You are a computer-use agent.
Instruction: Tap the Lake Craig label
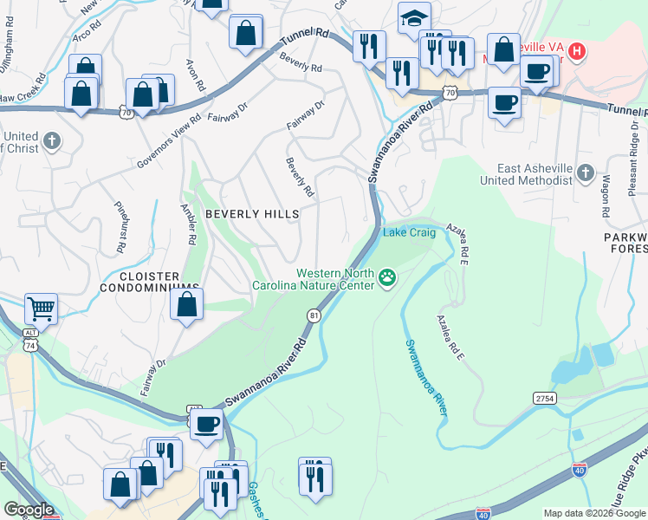tap(409, 232)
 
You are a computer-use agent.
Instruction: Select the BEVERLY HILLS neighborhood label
tap(251, 213)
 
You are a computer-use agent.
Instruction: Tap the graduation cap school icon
tap(414, 17)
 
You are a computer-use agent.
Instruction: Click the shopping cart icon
tap(41, 308)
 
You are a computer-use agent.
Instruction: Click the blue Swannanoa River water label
tap(425, 376)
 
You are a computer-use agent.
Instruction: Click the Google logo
tap(29, 510)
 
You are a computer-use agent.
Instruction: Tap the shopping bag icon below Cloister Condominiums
tap(186, 305)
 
